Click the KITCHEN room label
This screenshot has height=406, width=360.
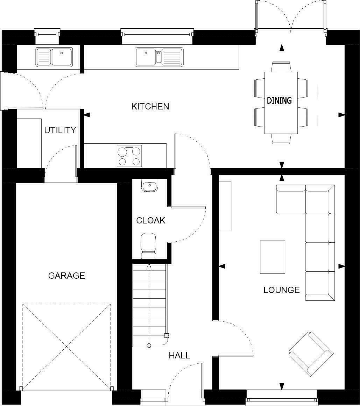150,106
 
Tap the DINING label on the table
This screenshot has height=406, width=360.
279,101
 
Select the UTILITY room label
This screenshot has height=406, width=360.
60,130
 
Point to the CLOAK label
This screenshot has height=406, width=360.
150,221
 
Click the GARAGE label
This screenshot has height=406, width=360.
66,276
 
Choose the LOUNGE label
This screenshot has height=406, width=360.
282,290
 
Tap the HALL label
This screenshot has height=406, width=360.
179,356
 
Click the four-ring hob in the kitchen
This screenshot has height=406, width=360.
129,156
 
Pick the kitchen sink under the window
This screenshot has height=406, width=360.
159,57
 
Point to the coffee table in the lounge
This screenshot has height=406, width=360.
272,257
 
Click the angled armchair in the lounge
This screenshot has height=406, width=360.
311,354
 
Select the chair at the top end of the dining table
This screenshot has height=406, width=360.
281,66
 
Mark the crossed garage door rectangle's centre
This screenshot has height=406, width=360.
66,346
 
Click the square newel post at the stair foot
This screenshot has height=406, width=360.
167,335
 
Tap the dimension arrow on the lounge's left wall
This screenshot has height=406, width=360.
222,266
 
